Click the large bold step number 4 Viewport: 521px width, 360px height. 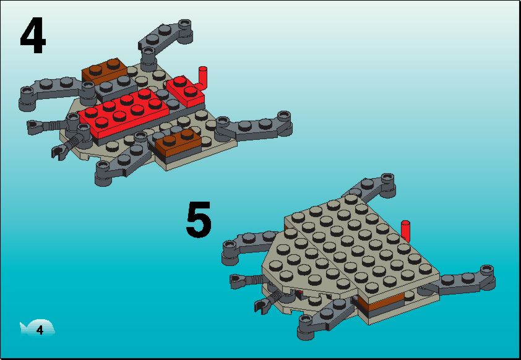coord(33,35)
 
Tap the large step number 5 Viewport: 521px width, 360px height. coord(199,220)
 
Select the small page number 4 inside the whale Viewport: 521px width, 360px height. coord(40,330)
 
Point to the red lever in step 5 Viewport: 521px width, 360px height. coord(405,231)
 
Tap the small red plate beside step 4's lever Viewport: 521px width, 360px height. coord(185,91)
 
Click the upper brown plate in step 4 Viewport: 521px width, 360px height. coord(105,70)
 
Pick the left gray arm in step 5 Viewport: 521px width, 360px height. coord(249,245)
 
